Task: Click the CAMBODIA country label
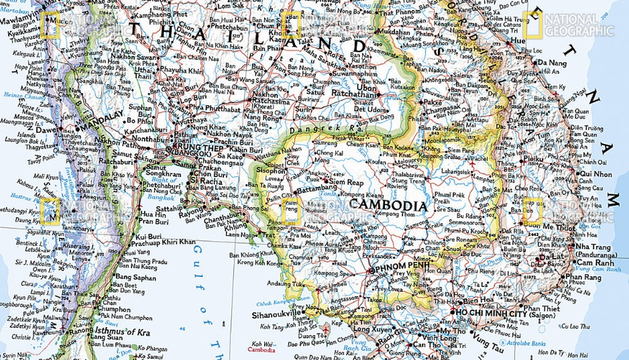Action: [388, 206]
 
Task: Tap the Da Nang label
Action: [551, 63]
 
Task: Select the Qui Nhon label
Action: [595, 174]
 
